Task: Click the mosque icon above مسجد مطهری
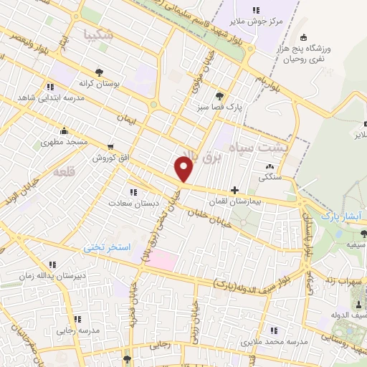click(65, 130)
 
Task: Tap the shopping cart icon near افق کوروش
click(110, 143)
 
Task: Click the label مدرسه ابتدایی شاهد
click(47, 97)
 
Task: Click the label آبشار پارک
click(338, 215)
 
